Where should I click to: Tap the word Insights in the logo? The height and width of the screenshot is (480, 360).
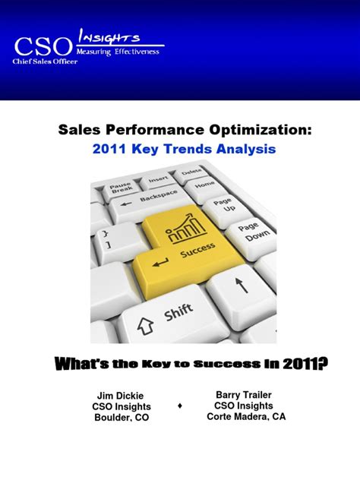111,36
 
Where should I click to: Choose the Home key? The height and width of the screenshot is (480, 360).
205,185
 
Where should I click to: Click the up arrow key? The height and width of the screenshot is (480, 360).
242,286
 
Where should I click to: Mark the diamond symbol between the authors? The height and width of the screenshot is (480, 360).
179,406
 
